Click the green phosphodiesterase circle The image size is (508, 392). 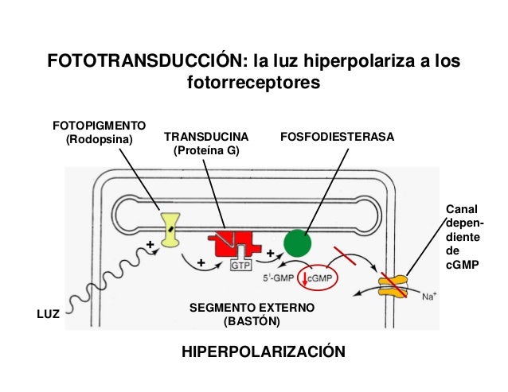point(298,243)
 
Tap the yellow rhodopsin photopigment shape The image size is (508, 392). point(170,230)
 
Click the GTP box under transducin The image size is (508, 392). point(240,266)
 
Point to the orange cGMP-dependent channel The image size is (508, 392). point(393,285)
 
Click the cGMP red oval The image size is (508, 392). point(318,278)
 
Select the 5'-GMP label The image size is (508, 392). point(279,278)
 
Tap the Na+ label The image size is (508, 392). point(429,296)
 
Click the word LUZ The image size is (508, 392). point(48,314)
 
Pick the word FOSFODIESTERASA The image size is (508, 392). point(338,137)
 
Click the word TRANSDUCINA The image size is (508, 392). point(206,137)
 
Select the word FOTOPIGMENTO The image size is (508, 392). point(100,126)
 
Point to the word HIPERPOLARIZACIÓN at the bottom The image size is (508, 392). point(264,351)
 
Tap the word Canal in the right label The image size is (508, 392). point(462,209)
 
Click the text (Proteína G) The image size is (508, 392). point(206,151)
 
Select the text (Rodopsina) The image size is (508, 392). point(100,139)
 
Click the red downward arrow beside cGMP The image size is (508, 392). point(304,279)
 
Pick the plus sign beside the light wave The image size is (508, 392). point(150,245)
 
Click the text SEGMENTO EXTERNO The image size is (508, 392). point(252,308)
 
